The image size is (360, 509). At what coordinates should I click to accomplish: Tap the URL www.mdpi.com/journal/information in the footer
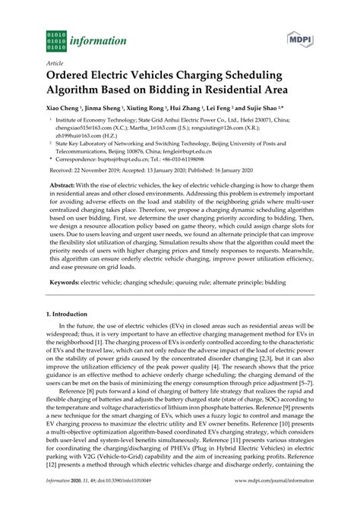click(x=279, y=501)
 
